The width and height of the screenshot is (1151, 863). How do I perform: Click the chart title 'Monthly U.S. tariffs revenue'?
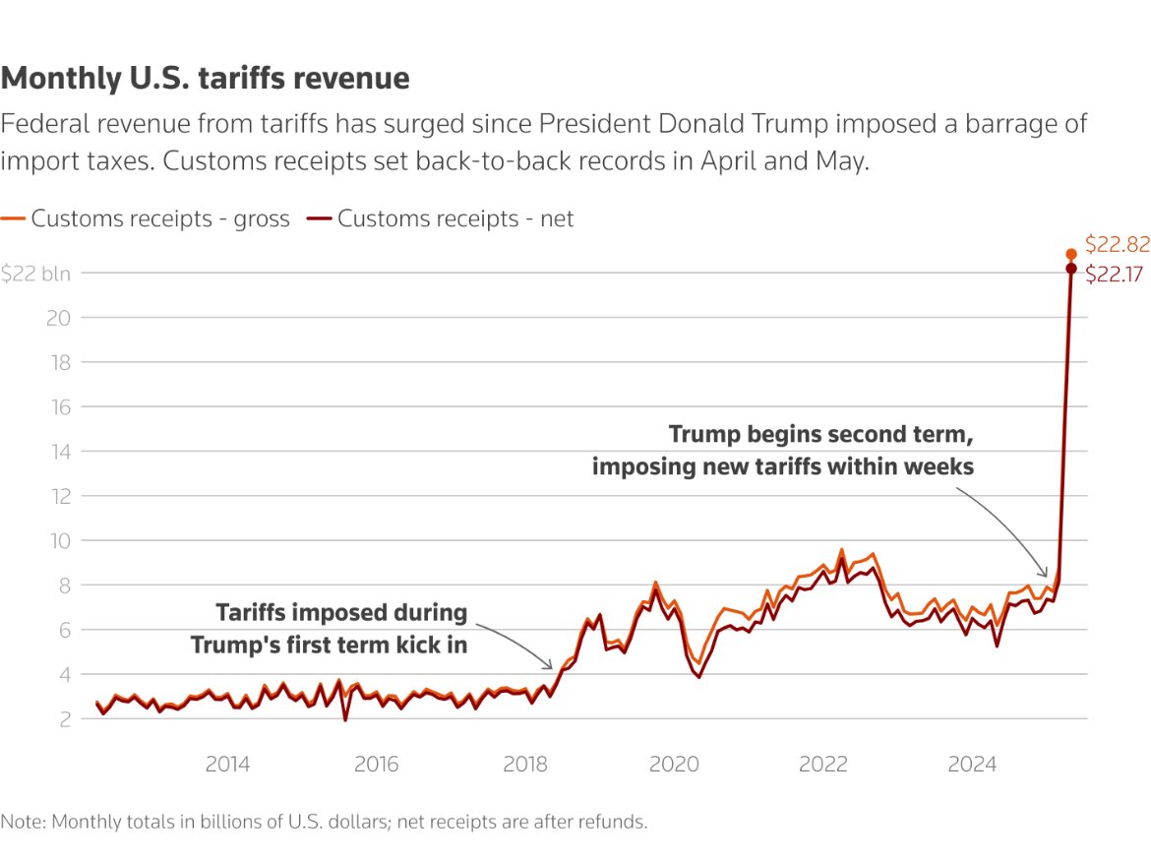click(x=205, y=78)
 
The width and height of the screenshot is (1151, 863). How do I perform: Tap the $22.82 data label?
click(x=1117, y=244)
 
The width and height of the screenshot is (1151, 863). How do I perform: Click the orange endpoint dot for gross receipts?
click(x=1071, y=254)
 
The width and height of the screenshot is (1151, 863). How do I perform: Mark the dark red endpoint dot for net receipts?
click(x=1071, y=269)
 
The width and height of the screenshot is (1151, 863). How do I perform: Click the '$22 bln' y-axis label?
click(x=35, y=274)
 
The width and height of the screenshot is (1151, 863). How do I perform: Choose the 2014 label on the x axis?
click(x=227, y=765)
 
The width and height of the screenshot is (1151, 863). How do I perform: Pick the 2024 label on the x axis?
click(x=971, y=765)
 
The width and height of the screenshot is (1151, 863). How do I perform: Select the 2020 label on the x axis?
click(x=674, y=765)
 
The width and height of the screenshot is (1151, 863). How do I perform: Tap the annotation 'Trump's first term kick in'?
click(x=329, y=645)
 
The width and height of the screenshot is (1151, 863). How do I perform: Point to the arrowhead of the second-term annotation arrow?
click(x=1047, y=576)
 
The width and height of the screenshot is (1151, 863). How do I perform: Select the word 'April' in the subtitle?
click(x=734, y=162)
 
